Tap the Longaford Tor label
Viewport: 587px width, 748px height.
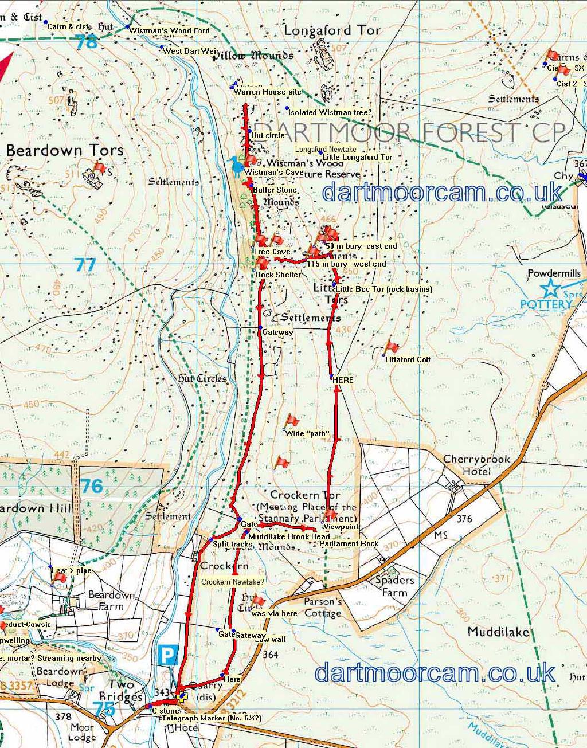332,30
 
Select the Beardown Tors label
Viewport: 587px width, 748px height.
65,150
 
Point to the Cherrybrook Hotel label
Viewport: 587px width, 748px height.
476,465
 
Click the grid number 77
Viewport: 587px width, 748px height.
85,264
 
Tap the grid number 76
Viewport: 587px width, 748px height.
92,486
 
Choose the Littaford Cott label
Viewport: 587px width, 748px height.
408,359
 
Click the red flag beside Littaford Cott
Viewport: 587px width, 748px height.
392,346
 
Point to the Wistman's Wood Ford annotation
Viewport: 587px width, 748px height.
170,30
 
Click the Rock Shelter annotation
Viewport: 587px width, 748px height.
278,275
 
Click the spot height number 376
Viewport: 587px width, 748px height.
464,519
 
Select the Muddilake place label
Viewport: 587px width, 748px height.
498,632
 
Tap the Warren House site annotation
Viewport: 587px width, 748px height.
267,92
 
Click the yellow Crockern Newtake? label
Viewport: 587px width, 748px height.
233,582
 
